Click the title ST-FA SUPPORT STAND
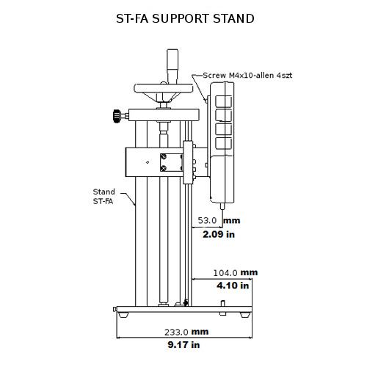tap(186, 18)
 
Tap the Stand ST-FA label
tap(104, 196)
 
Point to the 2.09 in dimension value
tap(219, 235)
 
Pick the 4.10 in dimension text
tap(233, 286)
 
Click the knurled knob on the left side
tap(117, 115)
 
